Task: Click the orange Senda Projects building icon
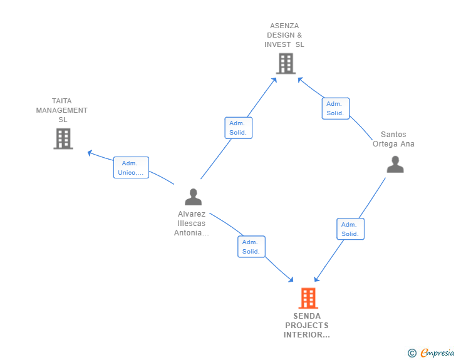click(308, 298)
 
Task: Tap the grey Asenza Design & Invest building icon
click(286, 63)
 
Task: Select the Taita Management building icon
click(63, 139)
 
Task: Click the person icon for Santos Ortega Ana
click(395, 164)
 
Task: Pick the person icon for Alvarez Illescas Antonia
click(193, 197)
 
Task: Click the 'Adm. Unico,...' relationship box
click(131, 168)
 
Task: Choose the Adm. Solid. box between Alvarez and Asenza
click(239, 128)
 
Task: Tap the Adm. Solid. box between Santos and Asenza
click(336, 108)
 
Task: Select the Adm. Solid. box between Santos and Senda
click(350, 229)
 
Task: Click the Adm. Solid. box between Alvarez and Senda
click(252, 247)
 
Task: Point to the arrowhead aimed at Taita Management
click(90, 153)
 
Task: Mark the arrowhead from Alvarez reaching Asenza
click(274, 80)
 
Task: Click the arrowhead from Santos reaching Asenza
click(301, 80)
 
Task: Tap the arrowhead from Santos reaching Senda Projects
click(316, 279)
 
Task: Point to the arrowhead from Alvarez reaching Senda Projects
click(291, 279)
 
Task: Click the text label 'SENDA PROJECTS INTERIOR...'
click(307, 326)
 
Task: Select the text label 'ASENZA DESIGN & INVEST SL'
click(284, 35)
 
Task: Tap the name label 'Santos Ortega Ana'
click(393, 139)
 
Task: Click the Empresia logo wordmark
click(437, 352)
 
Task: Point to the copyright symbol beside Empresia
click(412, 353)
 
